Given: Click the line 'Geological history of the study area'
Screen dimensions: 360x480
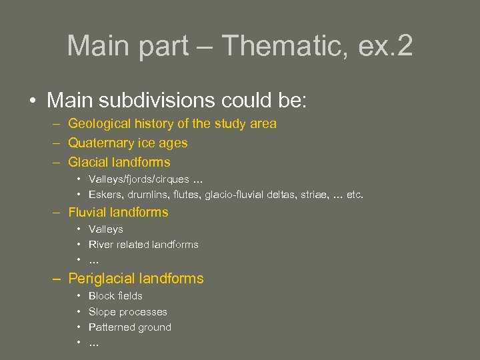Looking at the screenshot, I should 172,123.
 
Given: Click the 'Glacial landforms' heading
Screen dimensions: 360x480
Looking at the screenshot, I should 119,162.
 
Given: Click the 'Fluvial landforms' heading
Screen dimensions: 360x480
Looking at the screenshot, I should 118,213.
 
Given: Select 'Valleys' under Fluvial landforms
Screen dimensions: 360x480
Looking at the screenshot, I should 106,229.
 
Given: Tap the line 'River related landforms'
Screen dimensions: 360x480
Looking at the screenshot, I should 143,245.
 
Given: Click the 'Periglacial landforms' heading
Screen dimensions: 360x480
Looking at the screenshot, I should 136,279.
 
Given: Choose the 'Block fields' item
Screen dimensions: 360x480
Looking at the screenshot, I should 115,296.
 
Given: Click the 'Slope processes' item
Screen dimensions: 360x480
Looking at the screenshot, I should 128,312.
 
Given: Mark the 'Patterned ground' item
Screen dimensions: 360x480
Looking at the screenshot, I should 130,327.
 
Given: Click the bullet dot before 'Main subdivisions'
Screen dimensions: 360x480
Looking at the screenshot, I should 32,101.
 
